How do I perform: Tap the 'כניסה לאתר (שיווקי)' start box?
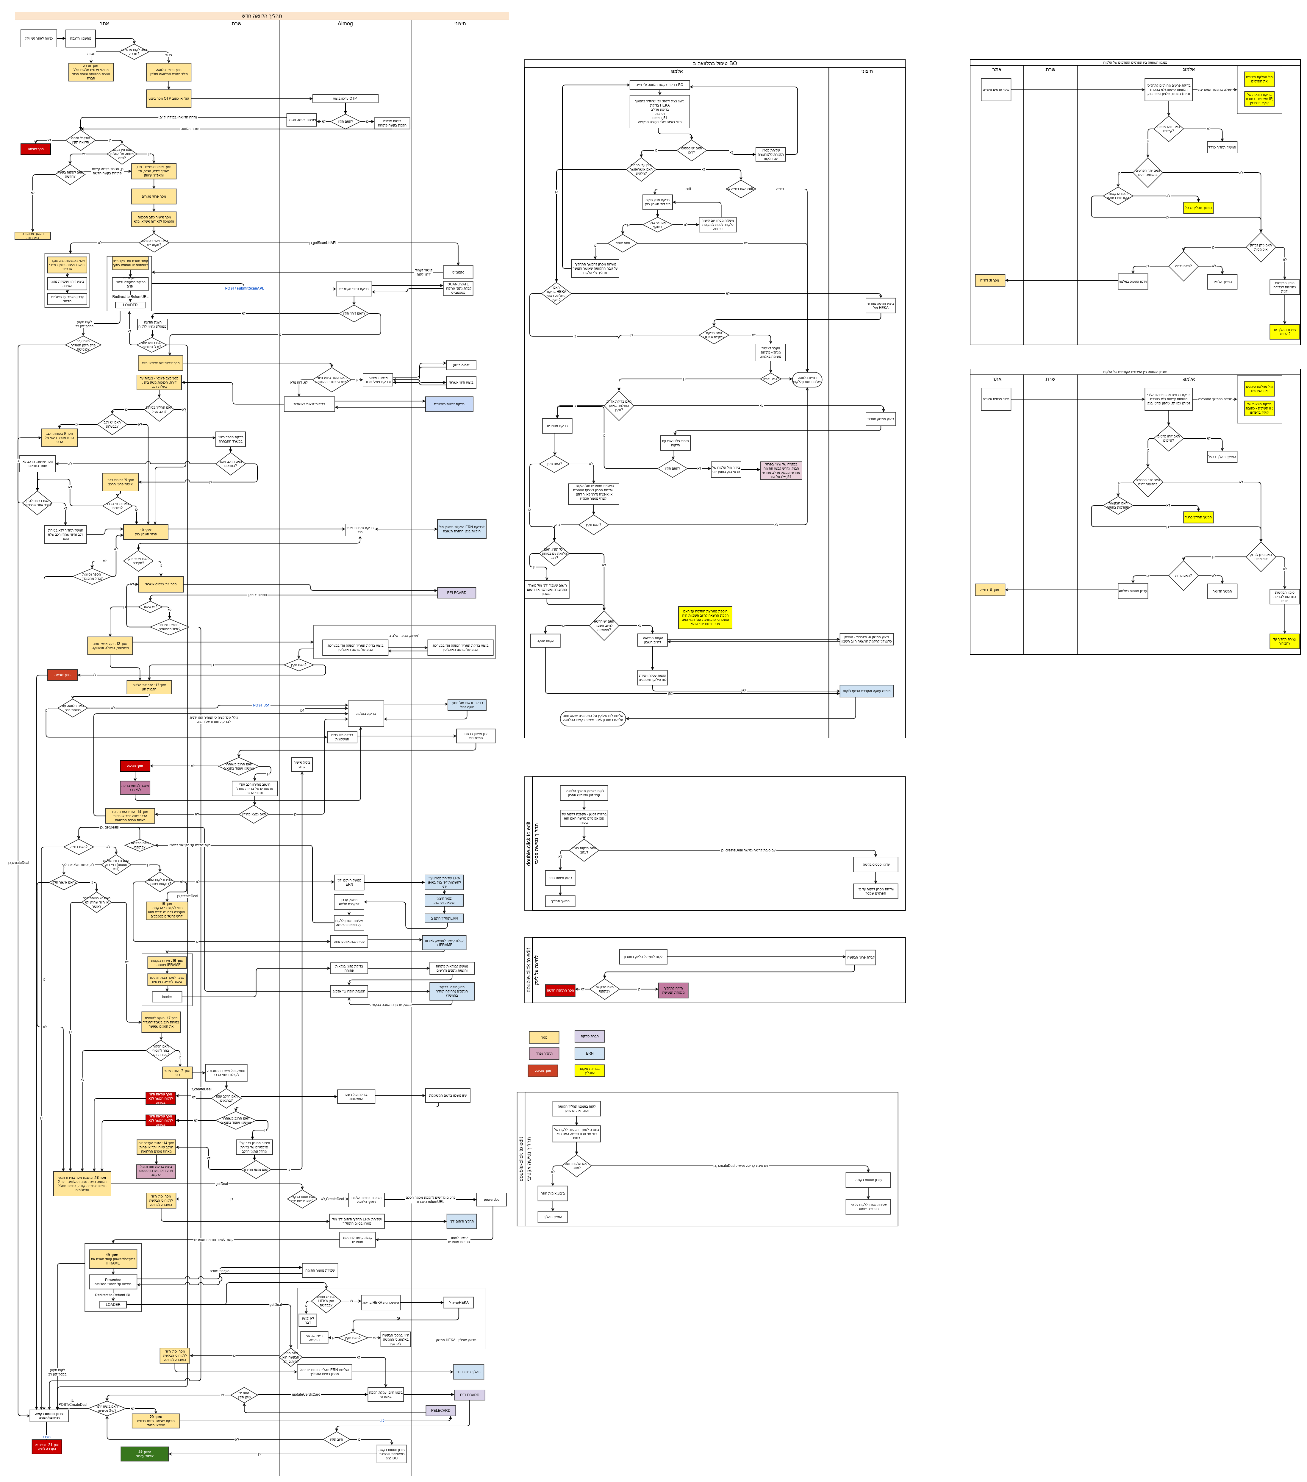[38, 38]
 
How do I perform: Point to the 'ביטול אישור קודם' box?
[301, 764]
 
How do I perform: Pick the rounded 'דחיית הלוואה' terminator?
[807, 379]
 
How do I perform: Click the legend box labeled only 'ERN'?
[589, 1053]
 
